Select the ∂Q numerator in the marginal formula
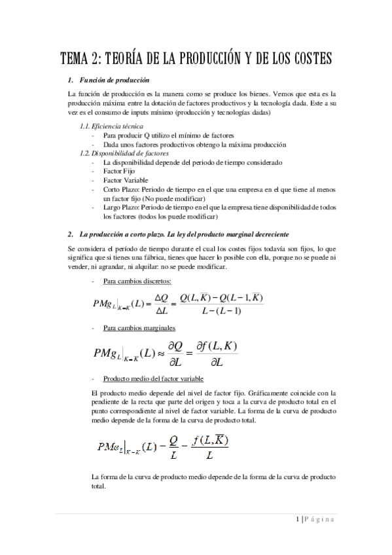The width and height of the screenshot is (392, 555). click(170, 346)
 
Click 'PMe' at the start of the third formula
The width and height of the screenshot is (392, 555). click(107, 448)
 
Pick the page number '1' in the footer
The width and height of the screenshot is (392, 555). click(296, 520)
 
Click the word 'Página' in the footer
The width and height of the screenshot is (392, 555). click(321, 520)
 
